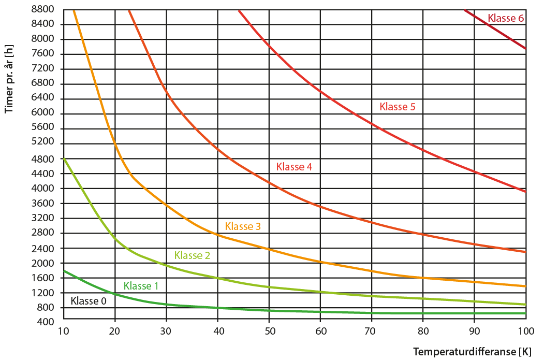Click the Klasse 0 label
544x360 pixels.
[x=89, y=301]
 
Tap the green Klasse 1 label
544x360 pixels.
[x=141, y=286]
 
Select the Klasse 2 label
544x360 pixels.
[x=192, y=255]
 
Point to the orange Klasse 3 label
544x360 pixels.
[x=243, y=226]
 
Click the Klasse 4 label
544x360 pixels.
[x=294, y=167]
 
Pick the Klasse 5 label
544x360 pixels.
[x=398, y=107]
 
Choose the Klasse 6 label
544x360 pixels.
[x=506, y=18]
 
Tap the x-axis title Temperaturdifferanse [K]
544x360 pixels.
[x=472, y=352]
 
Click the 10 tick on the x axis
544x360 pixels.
[x=64, y=332]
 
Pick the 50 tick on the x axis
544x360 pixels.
[x=269, y=332]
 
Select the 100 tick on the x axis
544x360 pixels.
[x=525, y=332]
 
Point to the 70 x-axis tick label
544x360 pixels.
[x=372, y=332]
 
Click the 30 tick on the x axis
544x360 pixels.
[x=166, y=332]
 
